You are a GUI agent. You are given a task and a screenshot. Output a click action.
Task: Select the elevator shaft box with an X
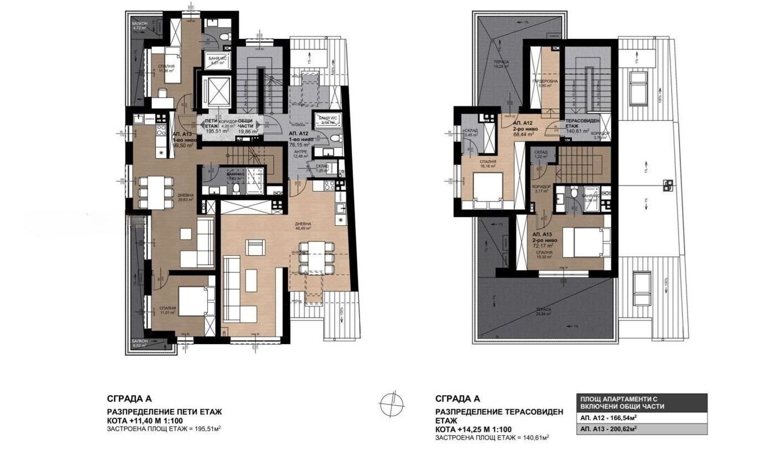pyautogui.click(x=214, y=89)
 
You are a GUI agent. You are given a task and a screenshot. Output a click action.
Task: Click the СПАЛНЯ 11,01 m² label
pyautogui.click(x=167, y=310)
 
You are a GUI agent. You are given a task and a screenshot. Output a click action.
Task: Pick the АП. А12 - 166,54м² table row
pyautogui.click(x=642, y=417)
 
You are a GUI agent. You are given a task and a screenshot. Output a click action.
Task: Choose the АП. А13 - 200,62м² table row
pyautogui.click(x=642, y=429)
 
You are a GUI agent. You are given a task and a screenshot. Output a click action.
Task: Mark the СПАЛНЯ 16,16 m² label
pyautogui.click(x=487, y=164)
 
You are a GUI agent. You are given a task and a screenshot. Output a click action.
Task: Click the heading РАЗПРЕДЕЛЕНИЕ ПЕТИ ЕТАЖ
pyautogui.click(x=164, y=412)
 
